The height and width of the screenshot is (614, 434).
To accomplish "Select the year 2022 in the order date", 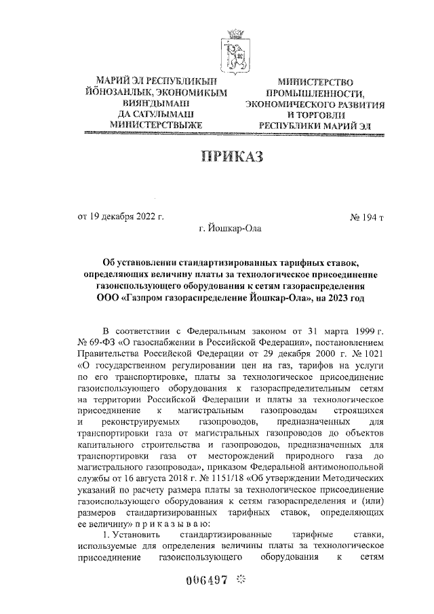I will pyautogui.click(x=144, y=217).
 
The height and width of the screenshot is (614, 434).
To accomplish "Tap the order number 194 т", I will pyautogui.click(x=367, y=217).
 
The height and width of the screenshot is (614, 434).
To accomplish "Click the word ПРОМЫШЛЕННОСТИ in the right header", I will pyautogui.click(x=315, y=94).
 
